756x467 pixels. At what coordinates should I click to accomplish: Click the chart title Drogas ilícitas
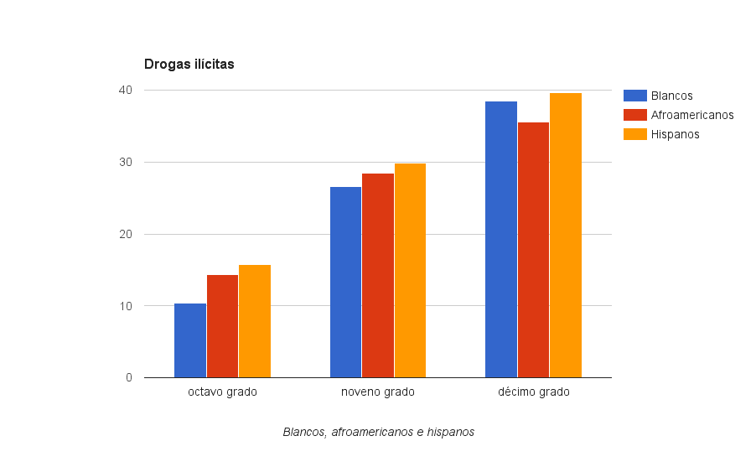tap(189, 65)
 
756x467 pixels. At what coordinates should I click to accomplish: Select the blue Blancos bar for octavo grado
tap(190, 340)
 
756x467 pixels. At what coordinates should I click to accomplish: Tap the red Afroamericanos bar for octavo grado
tap(222, 326)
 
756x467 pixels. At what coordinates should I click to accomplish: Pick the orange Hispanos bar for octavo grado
tap(255, 321)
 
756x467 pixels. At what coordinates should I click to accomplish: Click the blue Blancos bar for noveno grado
tap(345, 282)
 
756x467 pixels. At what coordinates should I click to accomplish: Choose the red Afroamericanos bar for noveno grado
tap(378, 275)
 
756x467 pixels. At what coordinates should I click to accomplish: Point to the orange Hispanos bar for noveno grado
tap(410, 270)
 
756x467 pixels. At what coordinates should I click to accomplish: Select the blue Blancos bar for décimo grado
tap(501, 239)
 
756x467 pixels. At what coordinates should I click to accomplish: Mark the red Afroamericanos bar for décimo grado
tap(533, 250)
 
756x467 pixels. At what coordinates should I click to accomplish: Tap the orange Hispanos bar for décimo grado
tap(566, 235)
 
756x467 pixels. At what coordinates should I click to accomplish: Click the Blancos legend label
tap(671, 96)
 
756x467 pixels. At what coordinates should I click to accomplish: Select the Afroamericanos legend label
tap(692, 115)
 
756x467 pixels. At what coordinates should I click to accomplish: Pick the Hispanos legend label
tap(675, 134)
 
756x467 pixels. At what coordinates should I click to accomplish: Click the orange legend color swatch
tap(635, 134)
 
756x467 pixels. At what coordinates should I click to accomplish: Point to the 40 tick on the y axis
tap(126, 90)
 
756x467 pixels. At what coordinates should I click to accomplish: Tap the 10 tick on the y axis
tap(126, 306)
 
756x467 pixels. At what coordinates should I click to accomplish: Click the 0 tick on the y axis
tap(129, 378)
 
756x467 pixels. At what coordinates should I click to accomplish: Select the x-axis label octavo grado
tap(222, 392)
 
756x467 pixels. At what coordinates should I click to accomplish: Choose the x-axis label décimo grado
tap(533, 392)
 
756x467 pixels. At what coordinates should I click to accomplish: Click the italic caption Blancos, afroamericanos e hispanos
tap(379, 433)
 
